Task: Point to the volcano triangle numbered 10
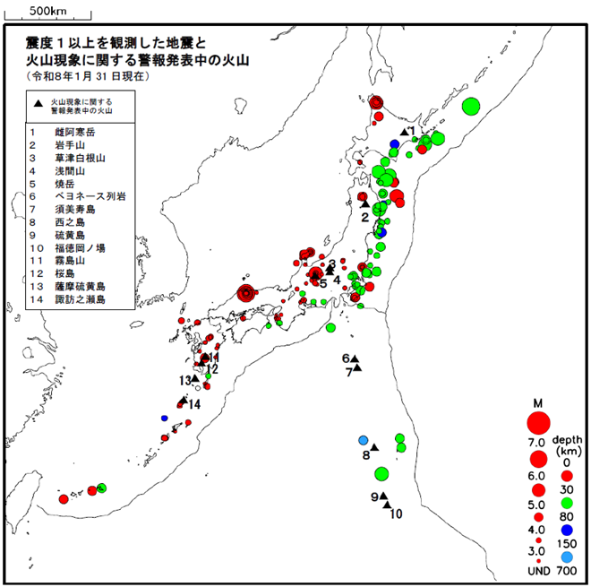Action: tap(387, 505)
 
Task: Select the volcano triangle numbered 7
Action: tap(357, 367)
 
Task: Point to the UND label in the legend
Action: tap(539, 571)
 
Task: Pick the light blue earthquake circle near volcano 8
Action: tap(364, 440)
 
